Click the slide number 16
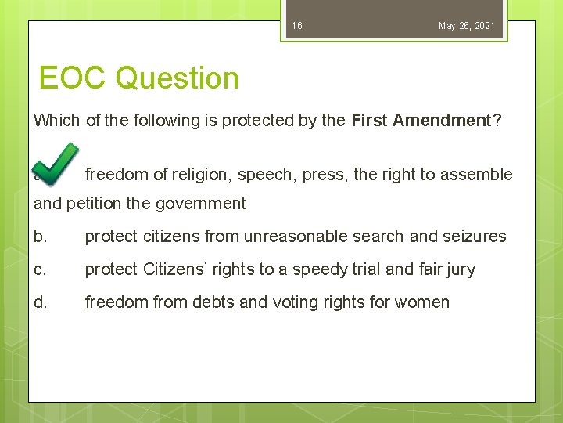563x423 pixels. [297, 26]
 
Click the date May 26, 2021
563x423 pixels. [466, 26]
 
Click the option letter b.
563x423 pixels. [40, 237]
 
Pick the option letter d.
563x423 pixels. [40, 302]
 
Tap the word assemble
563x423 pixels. [478, 175]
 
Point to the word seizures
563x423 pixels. [476, 237]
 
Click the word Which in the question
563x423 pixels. [56, 121]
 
